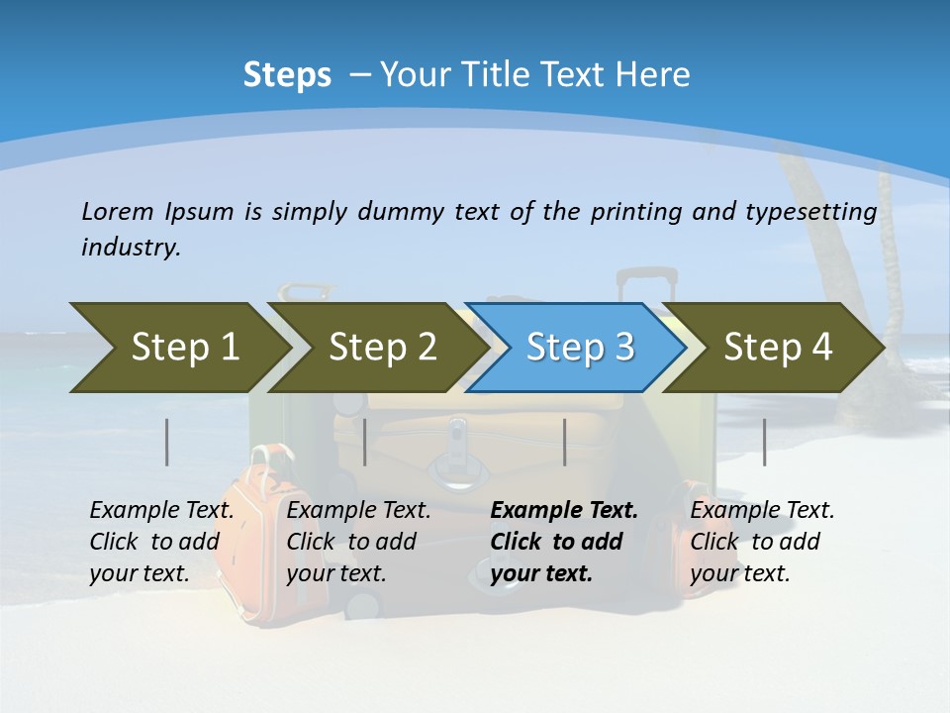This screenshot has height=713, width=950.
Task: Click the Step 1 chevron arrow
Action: click(178, 348)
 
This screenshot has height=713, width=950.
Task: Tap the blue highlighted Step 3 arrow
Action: click(579, 348)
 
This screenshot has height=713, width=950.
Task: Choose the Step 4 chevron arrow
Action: click(778, 348)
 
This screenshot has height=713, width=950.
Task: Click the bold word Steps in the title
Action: click(287, 74)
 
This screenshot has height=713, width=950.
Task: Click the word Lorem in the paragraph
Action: click(117, 211)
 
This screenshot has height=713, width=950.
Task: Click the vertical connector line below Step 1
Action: click(167, 442)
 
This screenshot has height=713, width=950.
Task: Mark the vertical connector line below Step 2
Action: click(365, 442)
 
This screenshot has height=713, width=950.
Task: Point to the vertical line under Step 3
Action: click(565, 442)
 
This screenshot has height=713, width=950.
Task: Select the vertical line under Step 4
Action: click(765, 442)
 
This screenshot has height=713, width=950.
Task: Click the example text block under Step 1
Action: click(161, 542)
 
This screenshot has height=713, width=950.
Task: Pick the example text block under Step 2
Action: click(358, 542)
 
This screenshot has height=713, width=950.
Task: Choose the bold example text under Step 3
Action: click(564, 542)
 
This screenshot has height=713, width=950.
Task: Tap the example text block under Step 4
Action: click(762, 542)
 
